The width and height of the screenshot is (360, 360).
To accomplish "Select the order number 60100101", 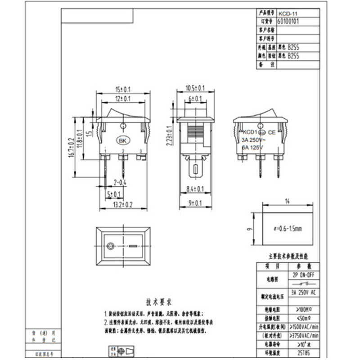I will click(x=288, y=21).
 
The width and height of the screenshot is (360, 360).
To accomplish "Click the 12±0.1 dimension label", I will click(x=123, y=98).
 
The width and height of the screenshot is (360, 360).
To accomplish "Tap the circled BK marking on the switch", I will click(x=122, y=140).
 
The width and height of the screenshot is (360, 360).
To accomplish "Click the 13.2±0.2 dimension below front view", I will click(x=123, y=205).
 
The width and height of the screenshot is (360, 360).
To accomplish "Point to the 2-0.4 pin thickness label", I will click(x=120, y=182).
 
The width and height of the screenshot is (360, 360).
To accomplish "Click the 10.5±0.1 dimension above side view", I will click(x=196, y=88).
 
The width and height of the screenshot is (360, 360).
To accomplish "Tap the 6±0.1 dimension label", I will click(x=196, y=98).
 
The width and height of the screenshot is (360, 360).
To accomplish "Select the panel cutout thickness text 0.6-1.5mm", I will click(x=288, y=229).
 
